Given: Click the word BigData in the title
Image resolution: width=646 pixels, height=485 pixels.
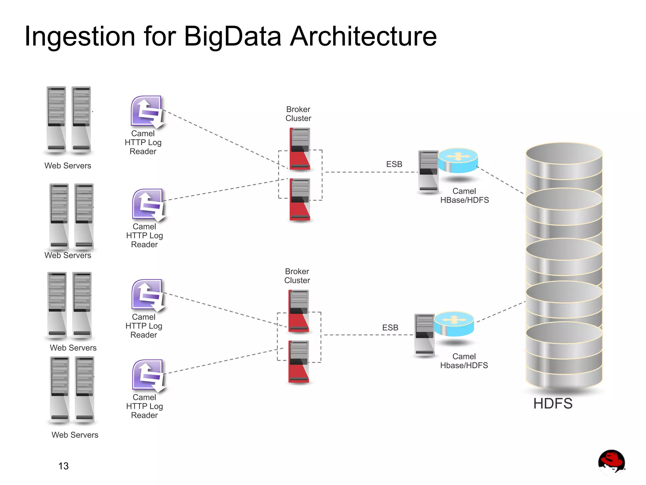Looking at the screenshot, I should click(x=232, y=36).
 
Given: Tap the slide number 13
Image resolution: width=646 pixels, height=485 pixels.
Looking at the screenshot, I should click(x=63, y=466).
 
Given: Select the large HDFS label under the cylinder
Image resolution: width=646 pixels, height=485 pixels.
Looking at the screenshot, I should click(x=553, y=403).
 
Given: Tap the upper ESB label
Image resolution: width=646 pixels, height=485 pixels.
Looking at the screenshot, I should click(x=394, y=164).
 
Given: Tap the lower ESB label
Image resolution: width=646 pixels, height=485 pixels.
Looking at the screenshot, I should click(x=390, y=328).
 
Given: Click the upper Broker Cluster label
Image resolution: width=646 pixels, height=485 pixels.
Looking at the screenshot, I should click(x=298, y=114).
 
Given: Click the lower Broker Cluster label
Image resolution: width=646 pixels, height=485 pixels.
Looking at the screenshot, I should click(x=297, y=276).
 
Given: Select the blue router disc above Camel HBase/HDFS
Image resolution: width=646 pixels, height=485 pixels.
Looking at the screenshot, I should click(x=458, y=160).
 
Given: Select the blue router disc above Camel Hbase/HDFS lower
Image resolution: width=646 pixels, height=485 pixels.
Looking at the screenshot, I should click(x=454, y=324).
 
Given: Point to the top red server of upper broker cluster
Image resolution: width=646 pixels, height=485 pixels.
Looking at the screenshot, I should click(x=300, y=148).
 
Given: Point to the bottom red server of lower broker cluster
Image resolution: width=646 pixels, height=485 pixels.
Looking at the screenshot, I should click(x=298, y=362).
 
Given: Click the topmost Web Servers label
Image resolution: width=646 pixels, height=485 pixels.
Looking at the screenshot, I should click(x=68, y=166).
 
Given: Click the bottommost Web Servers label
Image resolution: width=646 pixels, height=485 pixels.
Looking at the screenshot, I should click(x=75, y=435).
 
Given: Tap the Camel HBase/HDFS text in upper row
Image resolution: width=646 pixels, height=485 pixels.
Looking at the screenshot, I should click(x=464, y=196).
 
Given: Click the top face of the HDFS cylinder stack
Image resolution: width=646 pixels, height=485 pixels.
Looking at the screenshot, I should click(x=564, y=153).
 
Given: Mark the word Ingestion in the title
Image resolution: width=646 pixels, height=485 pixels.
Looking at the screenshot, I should click(x=80, y=36).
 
